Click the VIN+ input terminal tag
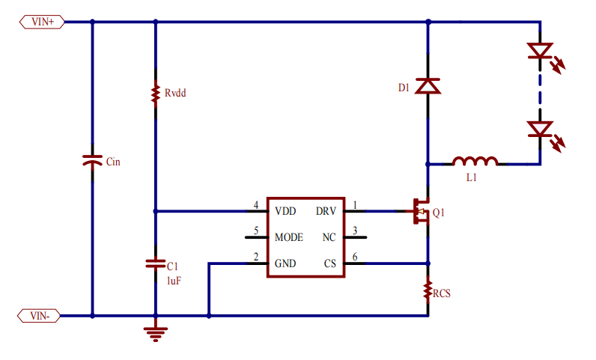42,22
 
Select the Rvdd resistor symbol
155,94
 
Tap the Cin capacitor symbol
92,162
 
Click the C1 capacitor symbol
155,264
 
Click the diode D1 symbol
428,87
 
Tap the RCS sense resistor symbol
428,289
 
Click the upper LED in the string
540,52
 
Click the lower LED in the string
540,129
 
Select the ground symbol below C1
155,332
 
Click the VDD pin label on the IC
285,211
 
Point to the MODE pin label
288,237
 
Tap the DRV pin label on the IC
326,211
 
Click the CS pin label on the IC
330,263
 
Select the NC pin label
329,237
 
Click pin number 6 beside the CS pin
355,257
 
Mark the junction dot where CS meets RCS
428,263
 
